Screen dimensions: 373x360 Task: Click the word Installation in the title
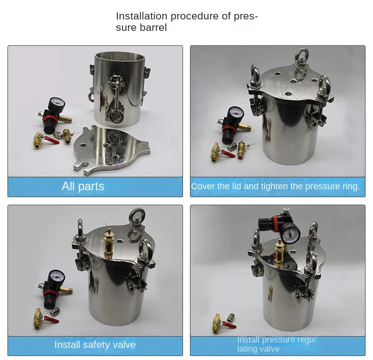tap(142, 16)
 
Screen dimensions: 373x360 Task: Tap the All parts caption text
tap(83, 186)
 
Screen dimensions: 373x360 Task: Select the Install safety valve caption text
tap(95, 345)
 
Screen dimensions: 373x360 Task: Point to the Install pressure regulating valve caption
tap(277, 344)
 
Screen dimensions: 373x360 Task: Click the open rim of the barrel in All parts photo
tap(120, 57)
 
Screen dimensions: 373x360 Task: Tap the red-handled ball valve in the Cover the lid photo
tap(222, 153)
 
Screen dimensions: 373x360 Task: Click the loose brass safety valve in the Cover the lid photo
tap(242, 149)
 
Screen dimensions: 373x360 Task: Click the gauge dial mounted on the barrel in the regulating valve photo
tap(290, 234)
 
